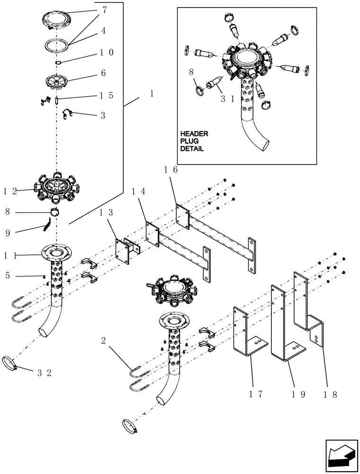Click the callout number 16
tap(171, 170)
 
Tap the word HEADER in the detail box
tap(194, 134)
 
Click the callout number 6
tap(103, 73)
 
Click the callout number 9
tap(8, 232)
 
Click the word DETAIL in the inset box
tap(192, 148)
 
